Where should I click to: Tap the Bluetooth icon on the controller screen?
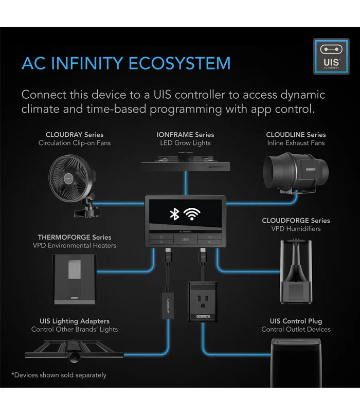174,214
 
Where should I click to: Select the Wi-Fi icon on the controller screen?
192,214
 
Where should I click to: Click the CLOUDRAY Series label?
74,134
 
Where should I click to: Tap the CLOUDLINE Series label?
296,134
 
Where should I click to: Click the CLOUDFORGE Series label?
296,221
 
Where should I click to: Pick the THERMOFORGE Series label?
74,237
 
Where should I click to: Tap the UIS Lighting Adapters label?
74,321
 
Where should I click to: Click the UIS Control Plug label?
296,321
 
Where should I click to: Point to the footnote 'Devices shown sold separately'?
59,375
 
